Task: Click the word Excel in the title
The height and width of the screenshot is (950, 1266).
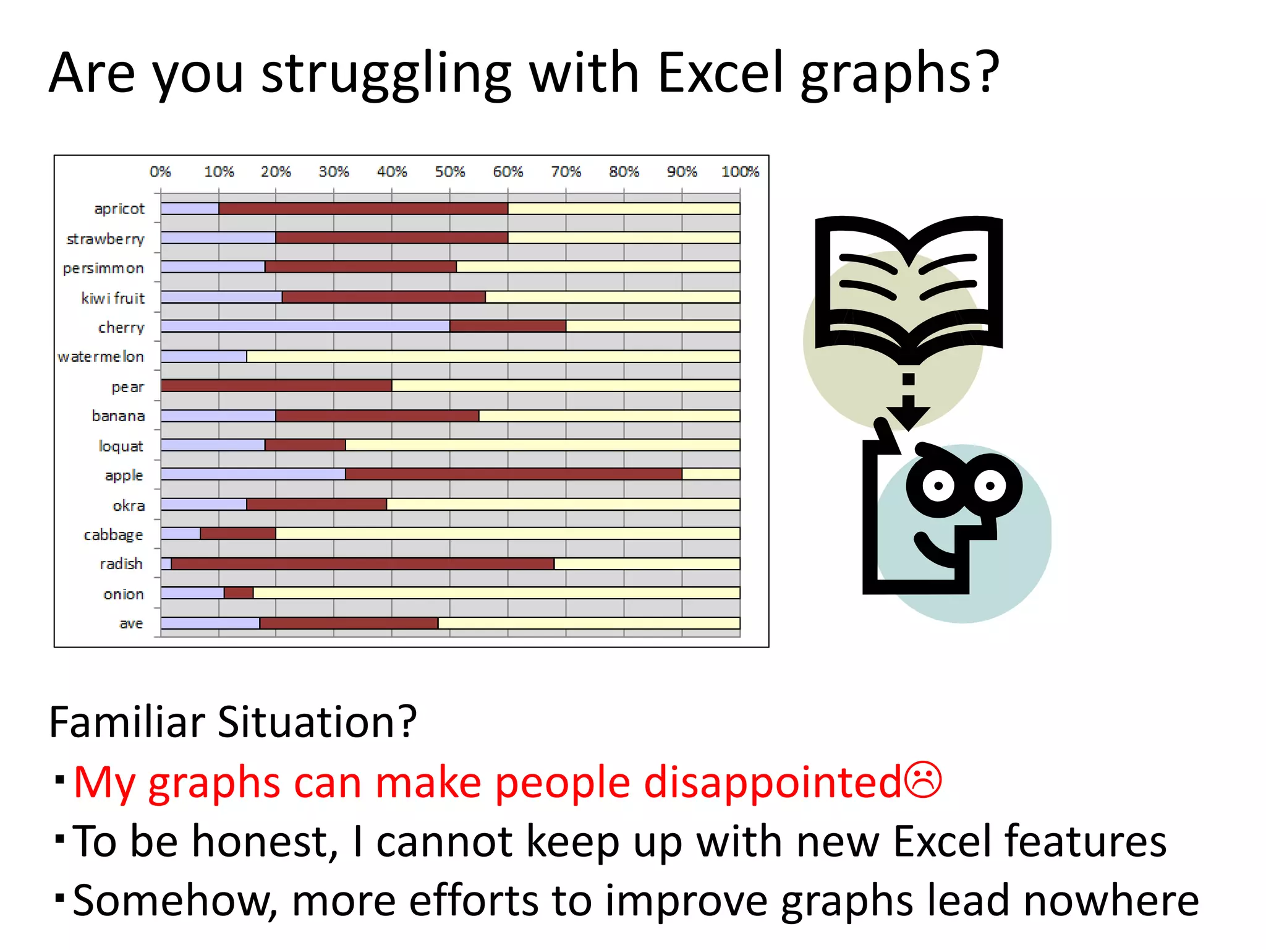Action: coord(722,73)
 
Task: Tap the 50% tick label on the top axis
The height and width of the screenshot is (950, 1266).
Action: coord(449,171)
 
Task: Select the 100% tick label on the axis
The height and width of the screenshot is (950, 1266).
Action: coord(739,171)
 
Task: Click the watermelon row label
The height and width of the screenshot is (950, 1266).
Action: coord(101,357)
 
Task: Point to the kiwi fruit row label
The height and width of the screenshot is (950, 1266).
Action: coord(113,298)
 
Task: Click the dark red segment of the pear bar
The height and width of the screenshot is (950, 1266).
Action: coord(276,386)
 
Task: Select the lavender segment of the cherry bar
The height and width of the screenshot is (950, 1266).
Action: coord(305,326)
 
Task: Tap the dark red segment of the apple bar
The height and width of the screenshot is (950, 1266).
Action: coord(513,474)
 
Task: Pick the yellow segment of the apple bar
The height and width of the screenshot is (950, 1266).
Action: coord(711,474)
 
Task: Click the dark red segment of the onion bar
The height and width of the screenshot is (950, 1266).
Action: coord(239,593)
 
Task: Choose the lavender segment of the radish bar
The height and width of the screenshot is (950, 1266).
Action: coord(166,563)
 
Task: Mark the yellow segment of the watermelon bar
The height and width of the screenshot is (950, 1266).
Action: coord(493,356)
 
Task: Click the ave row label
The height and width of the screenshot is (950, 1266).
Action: coord(131,623)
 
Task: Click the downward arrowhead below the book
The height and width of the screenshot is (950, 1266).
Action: coord(908,416)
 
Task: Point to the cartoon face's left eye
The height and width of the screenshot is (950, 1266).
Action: coord(938,486)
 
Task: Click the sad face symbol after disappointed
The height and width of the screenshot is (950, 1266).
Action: coord(923,781)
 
